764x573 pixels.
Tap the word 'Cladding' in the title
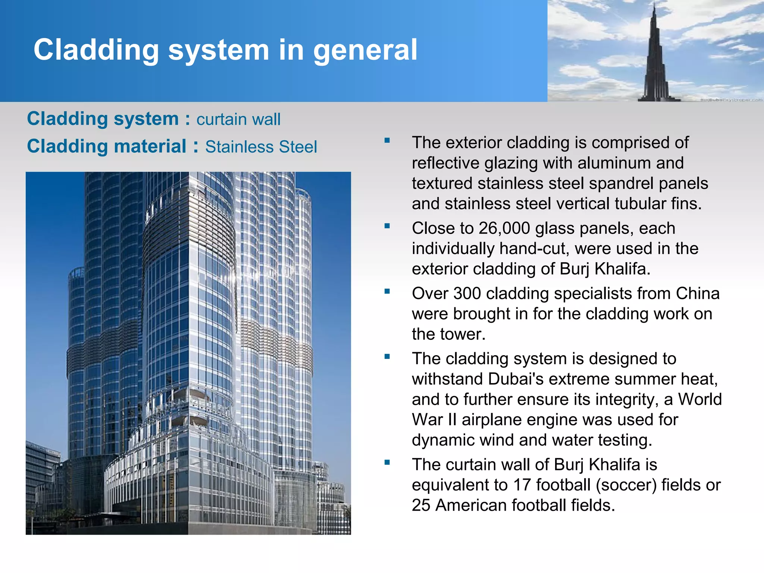click(x=96, y=50)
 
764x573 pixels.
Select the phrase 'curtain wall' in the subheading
click(x=238, y=120)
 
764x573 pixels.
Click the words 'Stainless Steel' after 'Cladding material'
click(x=261, y=147)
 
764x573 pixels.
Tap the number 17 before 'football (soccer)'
click(x=522, y=485)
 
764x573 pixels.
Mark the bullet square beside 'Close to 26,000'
click(x=387, y=226)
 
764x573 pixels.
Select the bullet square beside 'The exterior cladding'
click(x=387, y=141)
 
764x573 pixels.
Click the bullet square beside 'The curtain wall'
click(x=387, y=463)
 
